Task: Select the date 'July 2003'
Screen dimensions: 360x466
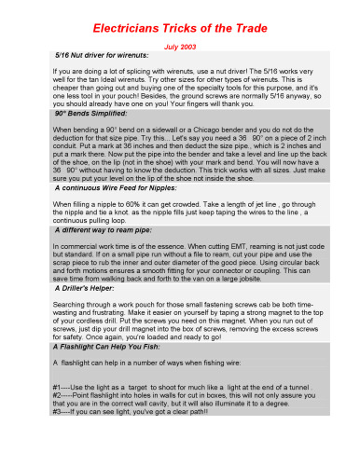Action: tap(180, 46)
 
